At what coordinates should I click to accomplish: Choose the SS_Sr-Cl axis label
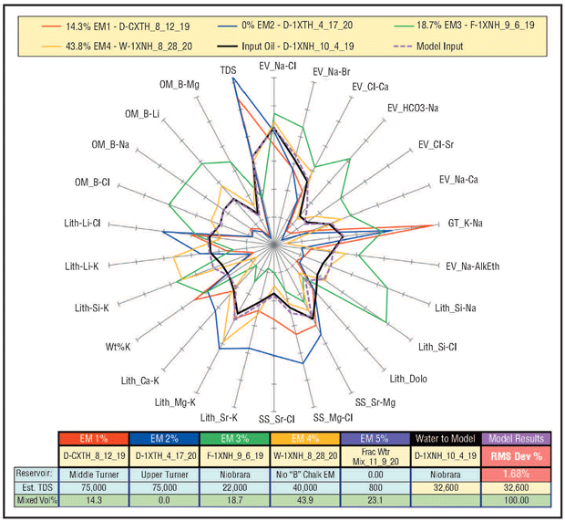pos(276,420)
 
